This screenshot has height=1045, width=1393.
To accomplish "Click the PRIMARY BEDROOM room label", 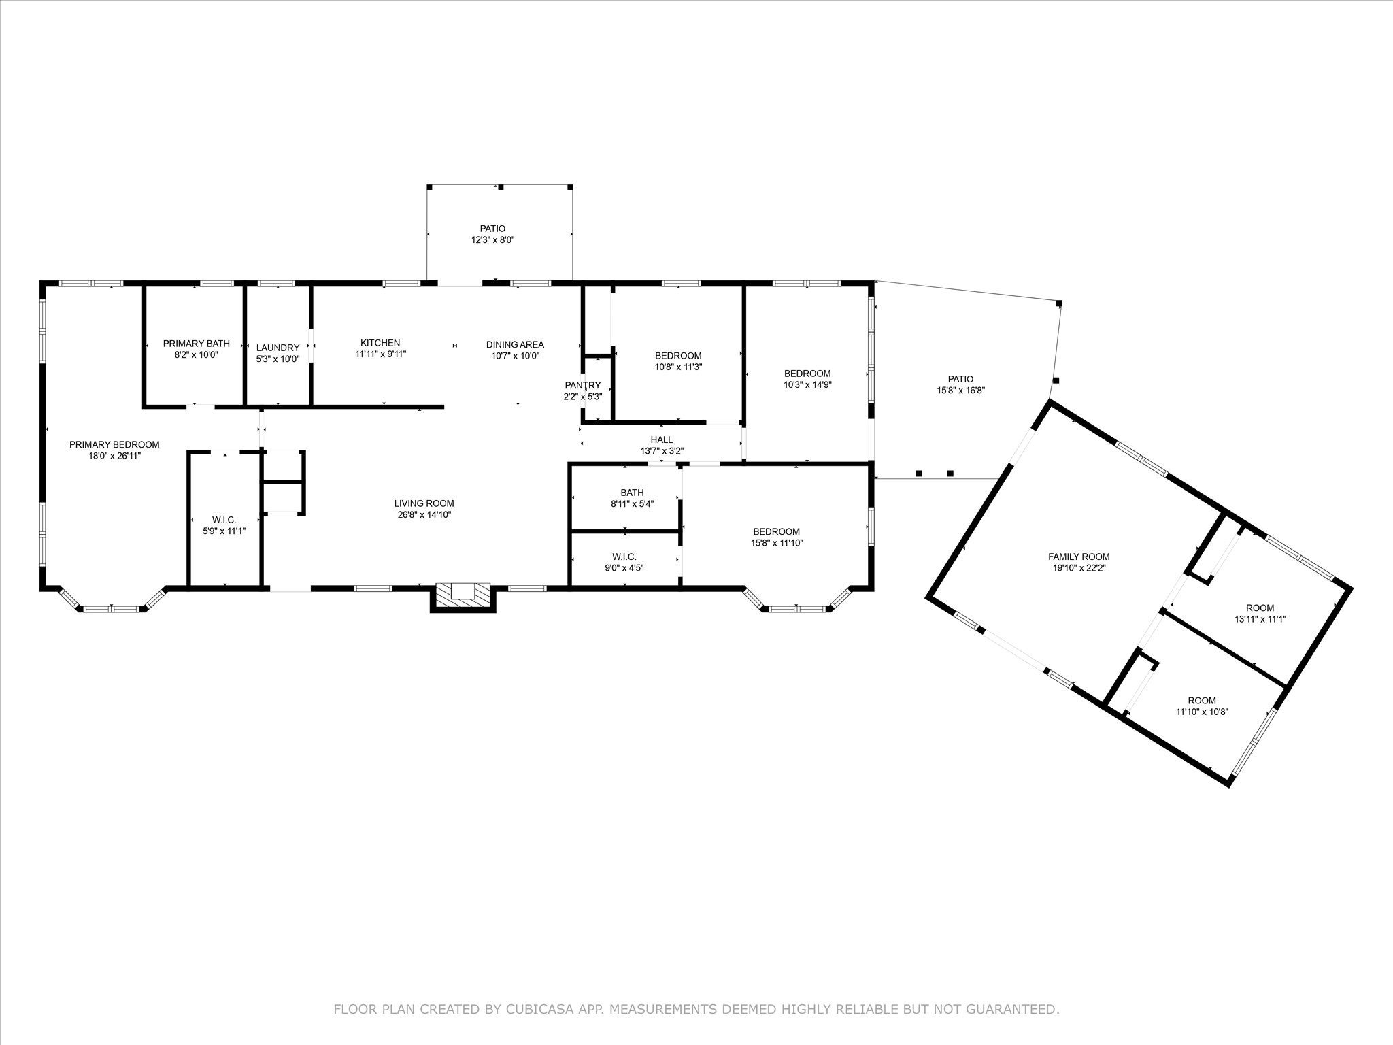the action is pos(114,444).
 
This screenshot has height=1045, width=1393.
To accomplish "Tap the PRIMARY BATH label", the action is pos(197,344).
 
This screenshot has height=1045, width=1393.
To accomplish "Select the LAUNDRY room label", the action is pos(278,348).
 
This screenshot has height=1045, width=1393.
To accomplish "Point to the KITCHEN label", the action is pos(380,343).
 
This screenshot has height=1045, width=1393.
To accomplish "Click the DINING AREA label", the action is pos(515,344).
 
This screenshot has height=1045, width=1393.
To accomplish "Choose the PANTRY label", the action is pos(583,385).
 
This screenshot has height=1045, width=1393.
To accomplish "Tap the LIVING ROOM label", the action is pos(424,503).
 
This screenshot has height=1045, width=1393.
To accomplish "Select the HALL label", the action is pos(661,439).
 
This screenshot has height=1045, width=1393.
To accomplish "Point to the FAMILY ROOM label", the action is pos(1079,557).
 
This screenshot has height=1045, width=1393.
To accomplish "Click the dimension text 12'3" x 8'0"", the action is pos(492,239).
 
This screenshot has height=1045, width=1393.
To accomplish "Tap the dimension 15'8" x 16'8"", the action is pos(960,391).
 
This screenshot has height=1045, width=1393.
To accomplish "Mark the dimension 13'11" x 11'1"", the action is pos(1260,619).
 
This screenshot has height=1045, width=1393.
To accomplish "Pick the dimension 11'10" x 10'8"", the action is pos(1202,712).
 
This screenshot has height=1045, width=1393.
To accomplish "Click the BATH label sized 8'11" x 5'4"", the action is pos(632,493).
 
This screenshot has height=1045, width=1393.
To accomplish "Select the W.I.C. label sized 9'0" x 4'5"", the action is pos(624,557).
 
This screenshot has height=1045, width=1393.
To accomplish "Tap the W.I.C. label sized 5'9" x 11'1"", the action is pos(224,520).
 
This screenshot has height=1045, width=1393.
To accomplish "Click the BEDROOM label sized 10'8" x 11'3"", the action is pos(678,356).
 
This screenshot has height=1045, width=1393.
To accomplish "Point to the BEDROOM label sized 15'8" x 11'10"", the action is pos(776,531).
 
